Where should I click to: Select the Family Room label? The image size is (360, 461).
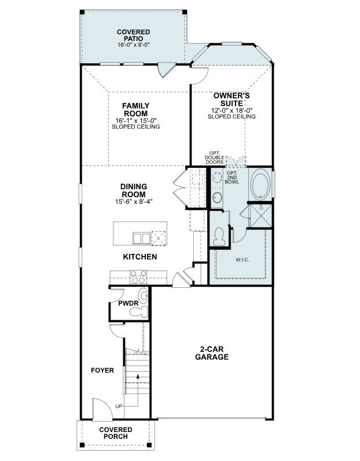tap(135, 109)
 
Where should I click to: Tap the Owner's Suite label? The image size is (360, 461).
tap(232, 99)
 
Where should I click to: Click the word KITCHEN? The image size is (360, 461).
tap(139, 257)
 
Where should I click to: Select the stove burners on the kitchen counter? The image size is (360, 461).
tap(139, 279)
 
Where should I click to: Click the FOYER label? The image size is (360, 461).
tap(102, 370)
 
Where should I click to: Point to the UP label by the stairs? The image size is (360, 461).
tap(119, 406)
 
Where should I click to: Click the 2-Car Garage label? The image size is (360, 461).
tap(215, 353)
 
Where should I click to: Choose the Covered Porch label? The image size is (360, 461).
tap(116, 433)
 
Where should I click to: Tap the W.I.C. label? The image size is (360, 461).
tap(242, 259)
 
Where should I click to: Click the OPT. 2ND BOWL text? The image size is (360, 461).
tap(232, 178)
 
